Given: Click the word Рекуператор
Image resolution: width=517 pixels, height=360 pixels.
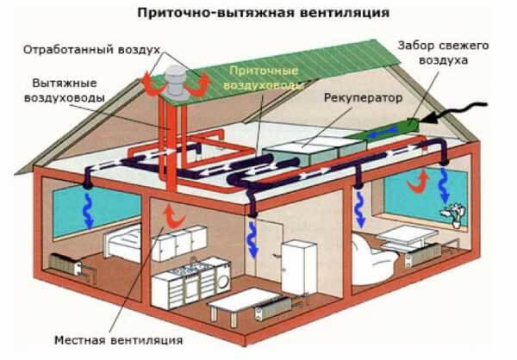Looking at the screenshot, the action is (x=363, y=98).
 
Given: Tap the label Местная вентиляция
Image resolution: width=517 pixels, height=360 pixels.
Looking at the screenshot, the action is (x=118, y=340).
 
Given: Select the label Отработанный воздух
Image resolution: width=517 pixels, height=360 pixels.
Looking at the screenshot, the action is (x=91, y=50).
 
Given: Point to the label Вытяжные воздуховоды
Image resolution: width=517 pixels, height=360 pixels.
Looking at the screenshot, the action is (x=65, y=90).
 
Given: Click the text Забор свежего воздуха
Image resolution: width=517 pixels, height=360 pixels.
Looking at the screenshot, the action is (x=443, y=53).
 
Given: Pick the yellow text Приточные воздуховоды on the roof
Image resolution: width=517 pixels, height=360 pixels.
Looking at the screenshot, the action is (x=263, y=78).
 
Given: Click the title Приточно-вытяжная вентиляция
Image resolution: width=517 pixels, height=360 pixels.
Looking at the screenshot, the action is (x=263, y=13).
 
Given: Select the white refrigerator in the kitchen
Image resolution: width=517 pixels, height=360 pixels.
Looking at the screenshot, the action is (x=299, y=268).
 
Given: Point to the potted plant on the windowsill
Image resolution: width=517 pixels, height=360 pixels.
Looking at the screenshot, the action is (x=454, y=214).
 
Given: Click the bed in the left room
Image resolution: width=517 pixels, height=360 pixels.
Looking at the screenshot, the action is (x=122, y=242).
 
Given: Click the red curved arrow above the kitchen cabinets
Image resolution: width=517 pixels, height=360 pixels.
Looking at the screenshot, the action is (x=174, y=216).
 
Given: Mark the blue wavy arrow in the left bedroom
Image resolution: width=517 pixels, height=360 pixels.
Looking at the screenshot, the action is (x=88, y=210).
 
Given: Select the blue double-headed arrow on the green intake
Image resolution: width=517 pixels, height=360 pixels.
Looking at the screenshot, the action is (x=383, y=133).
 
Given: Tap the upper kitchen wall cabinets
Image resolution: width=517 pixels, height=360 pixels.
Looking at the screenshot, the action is (x=178, y=243).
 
